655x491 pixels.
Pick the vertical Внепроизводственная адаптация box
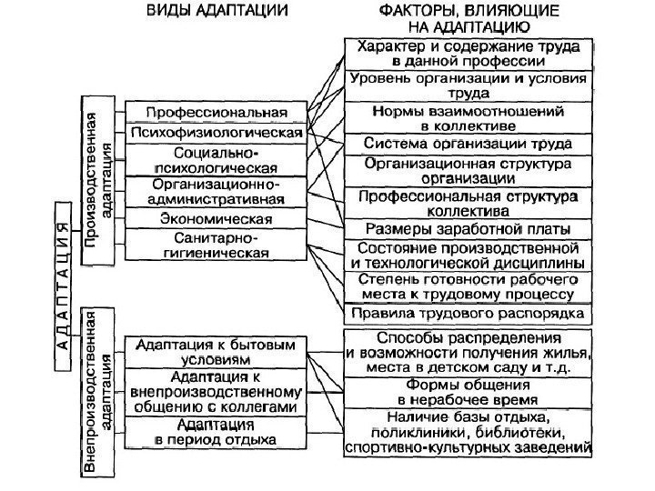[100, 391]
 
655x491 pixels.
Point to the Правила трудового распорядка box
[469, 314]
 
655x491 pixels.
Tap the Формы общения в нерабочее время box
[469, 392]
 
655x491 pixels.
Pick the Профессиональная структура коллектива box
[469, 200]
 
